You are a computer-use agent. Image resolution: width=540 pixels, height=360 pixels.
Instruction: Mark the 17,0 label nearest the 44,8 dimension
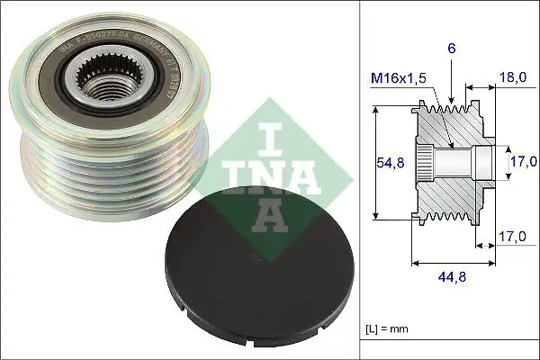(x=509, y=238)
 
